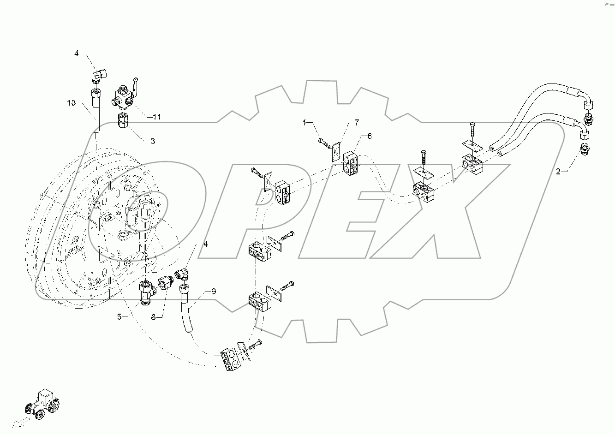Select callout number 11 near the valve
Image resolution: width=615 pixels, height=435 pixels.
coord(157,117)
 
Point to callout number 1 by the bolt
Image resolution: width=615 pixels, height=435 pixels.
coord(305,123)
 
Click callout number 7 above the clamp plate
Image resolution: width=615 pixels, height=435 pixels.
coord(357,122)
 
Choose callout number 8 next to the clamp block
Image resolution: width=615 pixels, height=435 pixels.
coord(369,136)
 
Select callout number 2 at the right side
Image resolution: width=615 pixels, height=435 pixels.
coord(559,172)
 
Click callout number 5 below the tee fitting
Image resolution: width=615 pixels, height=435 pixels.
coord(119,316)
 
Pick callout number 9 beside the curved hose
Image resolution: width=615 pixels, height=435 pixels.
coord(214,291)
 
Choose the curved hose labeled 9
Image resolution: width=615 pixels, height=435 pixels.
coord(186,307)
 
